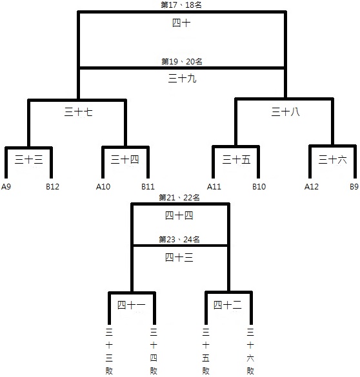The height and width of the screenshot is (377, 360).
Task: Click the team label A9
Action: pos(6,187)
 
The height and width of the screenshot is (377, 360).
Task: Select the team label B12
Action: pos(52,187)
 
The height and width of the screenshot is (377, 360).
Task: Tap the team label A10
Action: pos(103,187)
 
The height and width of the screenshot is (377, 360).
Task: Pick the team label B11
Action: pos(148,187)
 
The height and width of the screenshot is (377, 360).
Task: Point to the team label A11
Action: pos(214,187)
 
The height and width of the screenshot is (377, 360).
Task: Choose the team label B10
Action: pos(259,187)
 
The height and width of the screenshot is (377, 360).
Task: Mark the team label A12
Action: pos(312,187)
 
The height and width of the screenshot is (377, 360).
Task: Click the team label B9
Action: pos(354,187)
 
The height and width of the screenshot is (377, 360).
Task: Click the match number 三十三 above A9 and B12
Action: pos(28,160)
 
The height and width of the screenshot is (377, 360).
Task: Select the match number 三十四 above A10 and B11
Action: pos(125,160)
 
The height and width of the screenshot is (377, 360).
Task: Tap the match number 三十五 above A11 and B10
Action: pos(236,160)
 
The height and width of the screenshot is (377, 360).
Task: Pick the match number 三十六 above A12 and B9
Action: pos(332,160)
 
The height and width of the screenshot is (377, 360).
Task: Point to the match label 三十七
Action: pos(79,112)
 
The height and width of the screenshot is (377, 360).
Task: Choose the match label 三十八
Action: pos(285,112)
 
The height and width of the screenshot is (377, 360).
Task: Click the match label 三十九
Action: pos(182,79)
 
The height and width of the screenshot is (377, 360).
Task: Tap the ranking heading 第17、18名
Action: pos(181,5)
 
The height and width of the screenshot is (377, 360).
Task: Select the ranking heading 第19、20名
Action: pos(182,62)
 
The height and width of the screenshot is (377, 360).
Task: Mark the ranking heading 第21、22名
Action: pos(179,198)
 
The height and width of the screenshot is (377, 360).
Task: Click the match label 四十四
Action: pos(179,215)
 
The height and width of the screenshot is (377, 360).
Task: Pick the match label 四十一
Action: pos(132,305)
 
